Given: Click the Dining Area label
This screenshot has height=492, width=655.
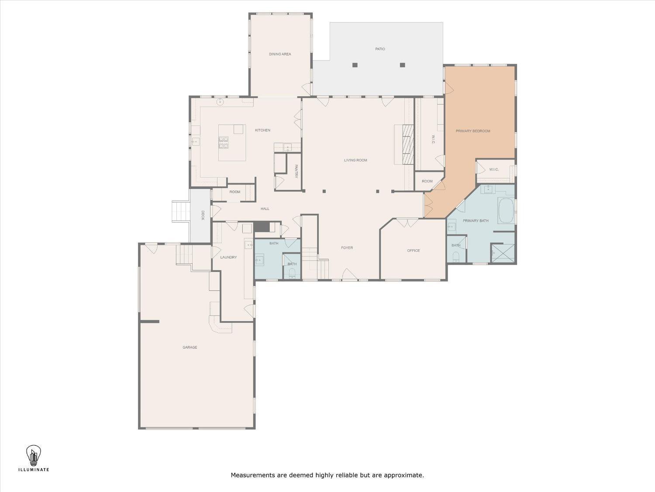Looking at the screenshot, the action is pyautogui.click(x=280, y=54).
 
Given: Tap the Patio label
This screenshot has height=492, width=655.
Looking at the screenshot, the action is pyautogui.click(x=380, y=49).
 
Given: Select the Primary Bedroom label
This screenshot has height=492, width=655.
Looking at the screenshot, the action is pyautogui.click(x=473, y=131).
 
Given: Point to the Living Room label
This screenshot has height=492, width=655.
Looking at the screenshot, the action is pyautogui.click(x=355, y=160).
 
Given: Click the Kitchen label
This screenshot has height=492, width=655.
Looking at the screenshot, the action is pyautogui.click(x=262, y=130).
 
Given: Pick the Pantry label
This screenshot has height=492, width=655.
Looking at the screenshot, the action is pyautogui.click(x=296, y=171).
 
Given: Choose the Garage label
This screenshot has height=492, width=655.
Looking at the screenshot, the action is pyautogui.click(x=190, y=347).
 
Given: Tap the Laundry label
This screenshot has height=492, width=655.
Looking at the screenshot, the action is pyautogui.click(x=228, y=257).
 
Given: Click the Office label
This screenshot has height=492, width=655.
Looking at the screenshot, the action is pyautogui.click(x=414, y=250).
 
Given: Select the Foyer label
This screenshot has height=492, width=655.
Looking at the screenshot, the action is pyautogui.click(x=347, y=248).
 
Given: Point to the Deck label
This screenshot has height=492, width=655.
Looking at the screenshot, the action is pyautogui.click(x=203, y=215).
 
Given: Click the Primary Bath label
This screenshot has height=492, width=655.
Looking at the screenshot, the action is pyautogui.click(x=476, y=221).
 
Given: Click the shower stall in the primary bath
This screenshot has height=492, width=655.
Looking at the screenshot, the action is pyautogui.click(x=503, y=254).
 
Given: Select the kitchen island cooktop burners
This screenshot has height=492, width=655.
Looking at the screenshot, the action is pyautogui.click(x=224, y=143).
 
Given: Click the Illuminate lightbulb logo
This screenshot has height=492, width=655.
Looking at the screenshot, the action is pyautogui.click(x=34, y=456).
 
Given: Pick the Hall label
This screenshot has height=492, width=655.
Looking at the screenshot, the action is pyautogui.click(x=265, y=209).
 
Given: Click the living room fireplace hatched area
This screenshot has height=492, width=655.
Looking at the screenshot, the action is pyautogui.click(x=408, y=144).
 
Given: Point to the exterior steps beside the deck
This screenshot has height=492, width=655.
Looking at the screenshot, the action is pyautogui.click(x=181, y=212).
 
